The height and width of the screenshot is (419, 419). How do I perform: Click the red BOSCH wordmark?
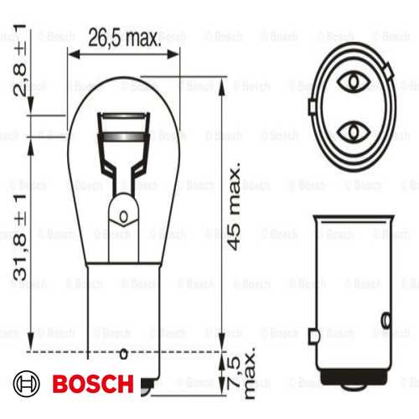pos(92,385)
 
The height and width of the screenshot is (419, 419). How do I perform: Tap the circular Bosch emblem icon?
pos(28,385)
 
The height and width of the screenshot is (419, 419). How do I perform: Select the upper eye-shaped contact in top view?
pos(353,81)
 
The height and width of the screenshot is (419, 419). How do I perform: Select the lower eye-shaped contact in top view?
pos(353,132)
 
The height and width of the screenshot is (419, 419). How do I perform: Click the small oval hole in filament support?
pos(125,218)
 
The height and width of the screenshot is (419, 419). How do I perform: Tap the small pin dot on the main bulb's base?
pos(126,353)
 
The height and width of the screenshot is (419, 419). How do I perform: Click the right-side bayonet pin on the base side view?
pos(386,318)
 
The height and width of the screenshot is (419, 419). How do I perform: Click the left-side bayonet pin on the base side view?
pos(313,336)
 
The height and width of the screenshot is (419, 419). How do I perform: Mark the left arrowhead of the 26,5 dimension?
pos(73,52)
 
